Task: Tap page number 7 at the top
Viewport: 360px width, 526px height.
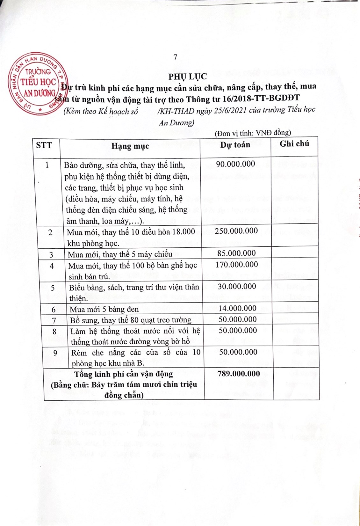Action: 175,57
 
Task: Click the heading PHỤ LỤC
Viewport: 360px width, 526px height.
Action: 188,77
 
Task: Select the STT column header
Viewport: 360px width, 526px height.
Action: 44,145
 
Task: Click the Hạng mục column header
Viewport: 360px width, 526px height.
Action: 130,146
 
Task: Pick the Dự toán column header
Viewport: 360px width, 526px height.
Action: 235,145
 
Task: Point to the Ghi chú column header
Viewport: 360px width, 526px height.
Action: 294,144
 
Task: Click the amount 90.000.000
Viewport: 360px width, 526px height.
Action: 235,164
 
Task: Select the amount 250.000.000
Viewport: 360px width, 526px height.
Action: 236,231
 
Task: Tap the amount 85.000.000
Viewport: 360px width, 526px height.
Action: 236,253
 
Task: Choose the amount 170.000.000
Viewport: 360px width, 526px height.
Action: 237,265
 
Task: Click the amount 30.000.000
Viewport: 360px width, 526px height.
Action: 237,286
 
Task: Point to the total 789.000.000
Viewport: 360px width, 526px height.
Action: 239,374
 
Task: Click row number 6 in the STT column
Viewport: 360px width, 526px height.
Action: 54,310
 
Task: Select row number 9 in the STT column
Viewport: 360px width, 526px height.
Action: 55,353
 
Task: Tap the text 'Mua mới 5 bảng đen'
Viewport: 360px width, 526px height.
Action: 104,309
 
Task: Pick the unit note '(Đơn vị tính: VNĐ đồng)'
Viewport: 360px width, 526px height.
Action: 253,133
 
